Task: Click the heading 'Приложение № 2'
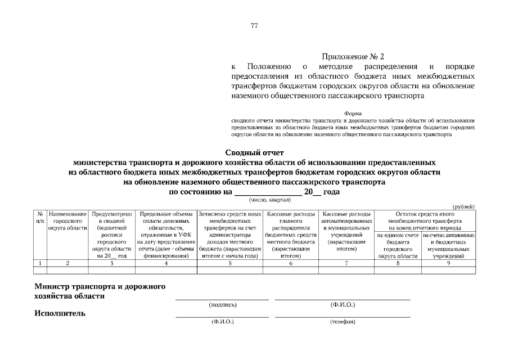click(353, 57)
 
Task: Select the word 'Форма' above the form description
click(353, 113)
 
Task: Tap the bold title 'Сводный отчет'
click(254, 152)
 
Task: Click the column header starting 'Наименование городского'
click(67, 221)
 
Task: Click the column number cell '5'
click(230, 263)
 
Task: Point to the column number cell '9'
click(448, 263)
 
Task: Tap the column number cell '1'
click(40, 263)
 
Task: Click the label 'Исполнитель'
click(60, 313)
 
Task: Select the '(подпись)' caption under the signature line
click(222, 305)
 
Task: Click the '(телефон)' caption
click(342, 322)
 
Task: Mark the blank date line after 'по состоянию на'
click(268, 192)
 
